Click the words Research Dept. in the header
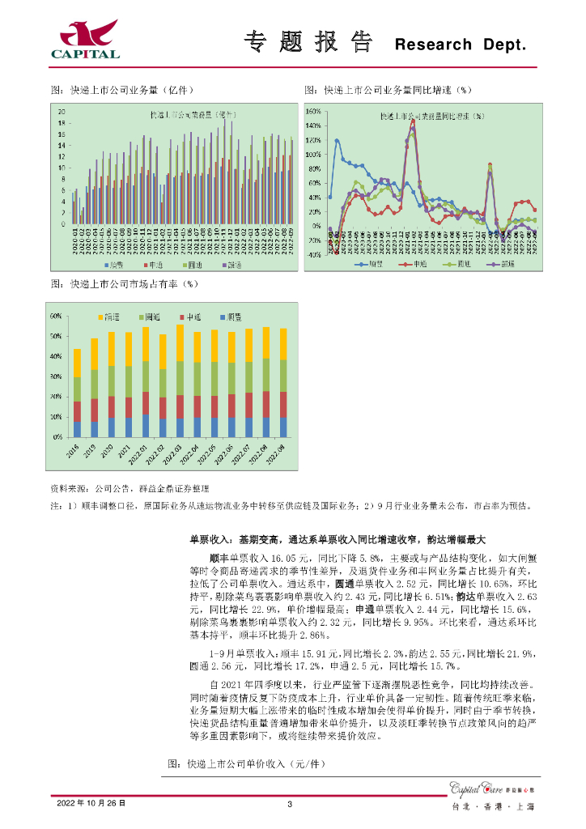[460, 45]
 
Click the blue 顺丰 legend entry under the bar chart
[113, 264]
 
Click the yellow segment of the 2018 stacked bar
[77, 363]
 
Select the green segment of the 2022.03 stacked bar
[180, 378]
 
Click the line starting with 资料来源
[130, 489]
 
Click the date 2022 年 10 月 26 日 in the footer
[91, 803]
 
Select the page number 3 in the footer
[289, 803]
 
